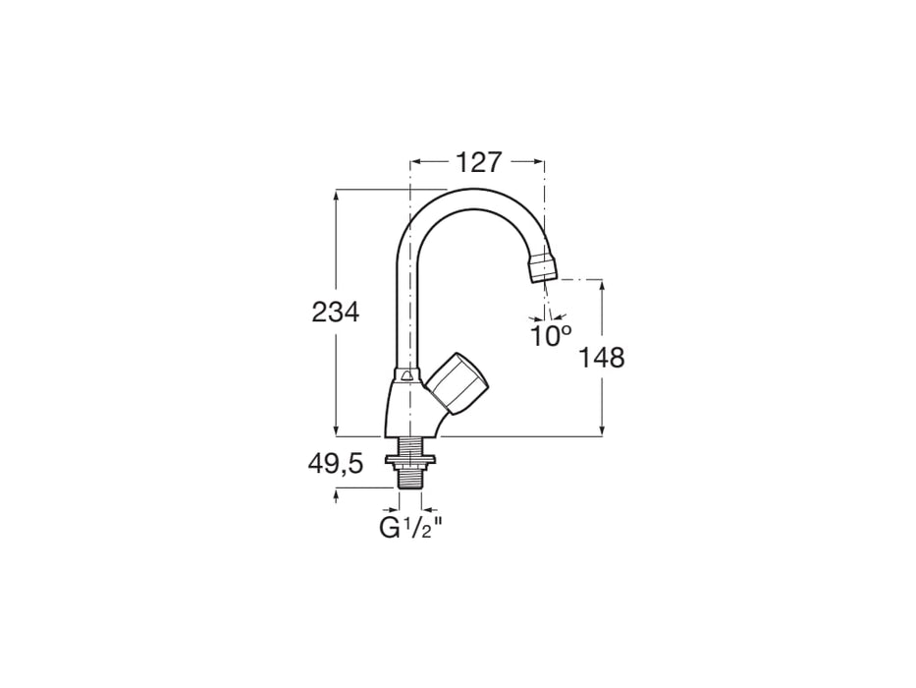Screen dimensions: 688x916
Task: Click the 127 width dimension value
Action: [x=477, y=162]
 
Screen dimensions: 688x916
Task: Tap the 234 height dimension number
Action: [x=336, y=313]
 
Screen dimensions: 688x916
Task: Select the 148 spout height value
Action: [x=602, y=357]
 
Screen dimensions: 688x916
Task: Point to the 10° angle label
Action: [x=551, y=336]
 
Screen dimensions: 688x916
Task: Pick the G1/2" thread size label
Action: [x=411, y=528]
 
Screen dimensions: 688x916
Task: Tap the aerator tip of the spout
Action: [x=543, y=268]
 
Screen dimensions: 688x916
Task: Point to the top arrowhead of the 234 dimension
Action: [x=337, y=196]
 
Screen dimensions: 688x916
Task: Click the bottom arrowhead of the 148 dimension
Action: [x=602, y=429]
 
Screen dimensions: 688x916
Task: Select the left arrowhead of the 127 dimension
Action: [x=415, y=162]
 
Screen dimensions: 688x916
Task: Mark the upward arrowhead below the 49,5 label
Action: [x=337, y=495]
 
